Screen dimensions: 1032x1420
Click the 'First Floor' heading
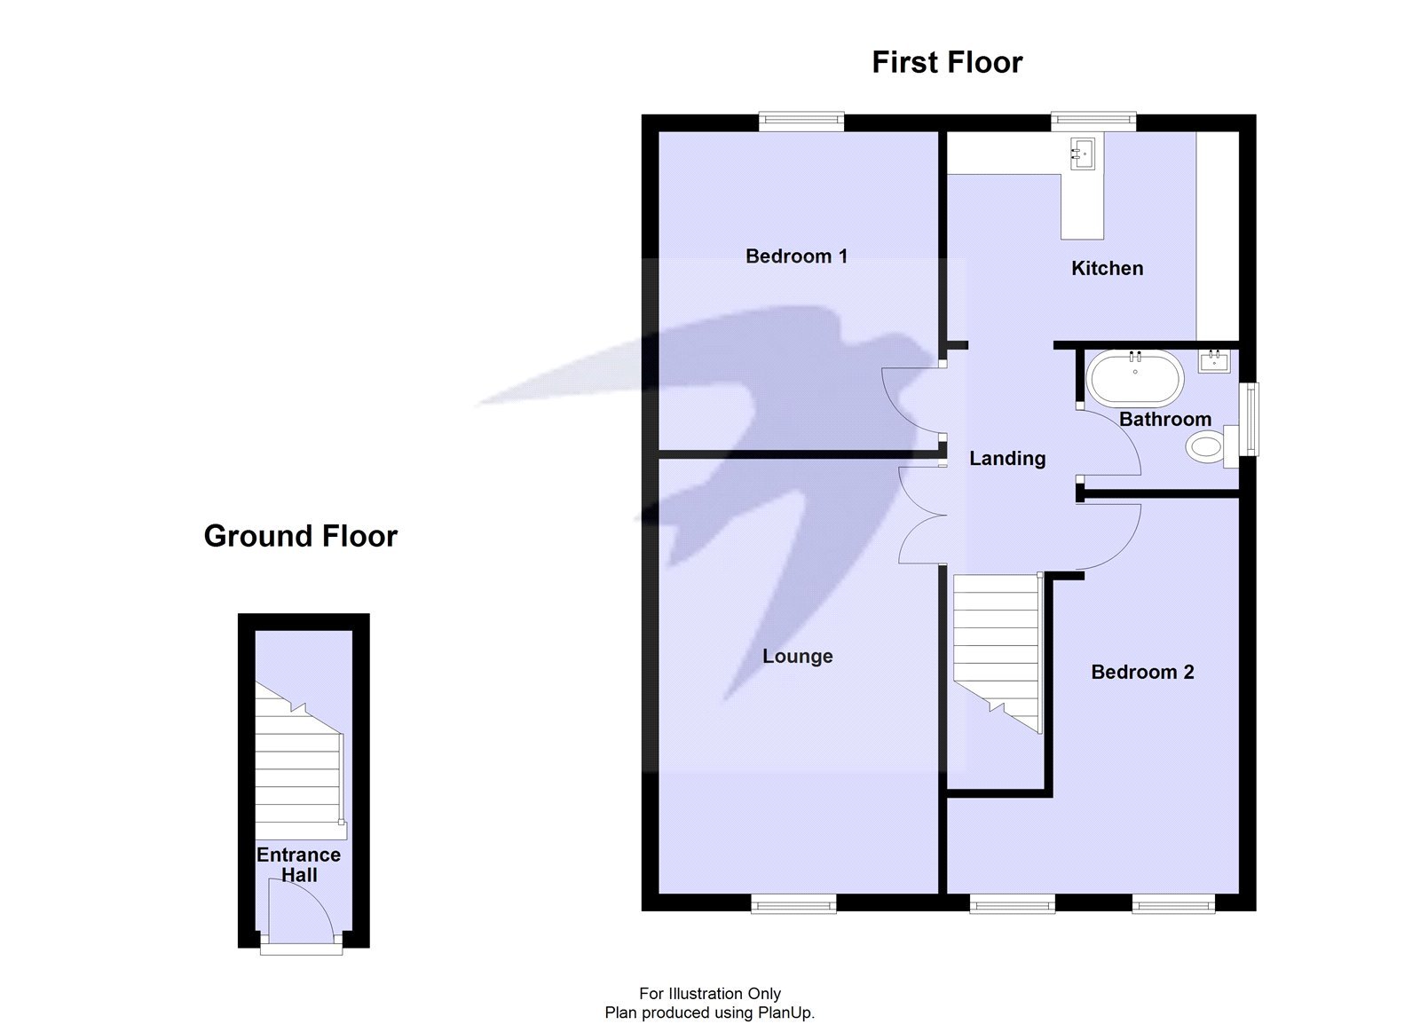pyautogui.click(x=947, y=62)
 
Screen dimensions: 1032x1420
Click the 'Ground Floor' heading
pyautogui.click(x=300, y=536)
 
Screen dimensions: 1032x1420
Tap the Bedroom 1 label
pyautogui.click(x=796, y=256)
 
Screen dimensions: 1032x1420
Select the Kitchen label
pyautogui.click(x=1107, y=268)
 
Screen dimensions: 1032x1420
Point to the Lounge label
pyautogui.click(x=798, y=657)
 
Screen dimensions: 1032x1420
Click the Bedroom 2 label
pyautogui.click(x=1142, y=672)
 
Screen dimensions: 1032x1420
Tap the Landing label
pyautogui.click(x=1007, y=459)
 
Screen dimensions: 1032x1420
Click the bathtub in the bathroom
pyautogui.click(x=1135, y=378)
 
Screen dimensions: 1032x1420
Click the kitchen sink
pyautogui.click(x=1084, y=154)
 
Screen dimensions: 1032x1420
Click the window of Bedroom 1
pyautogui.click(x=801, y=122)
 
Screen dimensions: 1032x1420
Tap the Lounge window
pyautogui.click(x=793, y=904)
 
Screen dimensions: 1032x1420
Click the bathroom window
pyautogui.click(x=1250, y=419)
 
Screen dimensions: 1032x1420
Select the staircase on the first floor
pyautogui.click(x=996, y=648)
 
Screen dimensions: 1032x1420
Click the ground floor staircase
pyautogui.click(x=298, y=763)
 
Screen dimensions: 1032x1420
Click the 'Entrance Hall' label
pyautogui.click(x=298, y=864)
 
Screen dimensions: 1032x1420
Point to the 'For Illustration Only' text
pyautogui.click(x=710, y=994)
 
